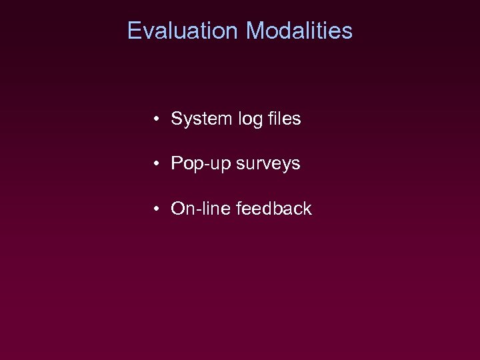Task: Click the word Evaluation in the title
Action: coord(182,31)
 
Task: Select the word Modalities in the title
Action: coord(299,31)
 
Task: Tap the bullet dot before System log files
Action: coord(155,119)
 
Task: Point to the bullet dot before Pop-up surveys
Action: coord(155,164)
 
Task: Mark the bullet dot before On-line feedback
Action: coord(155,209)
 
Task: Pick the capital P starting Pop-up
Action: coord(177,164)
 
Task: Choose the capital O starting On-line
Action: coord(179,209)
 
